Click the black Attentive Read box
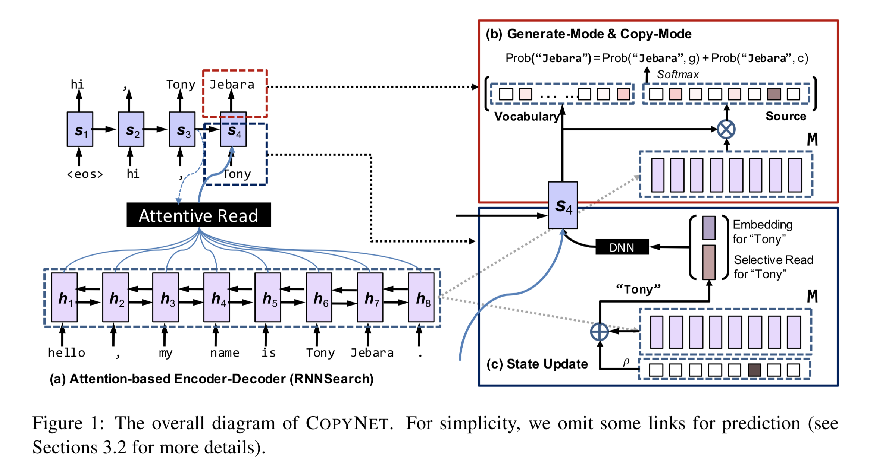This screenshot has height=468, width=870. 198,215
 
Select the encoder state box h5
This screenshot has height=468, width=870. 267,297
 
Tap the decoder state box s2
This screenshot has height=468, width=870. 131,129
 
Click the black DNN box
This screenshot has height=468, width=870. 622,247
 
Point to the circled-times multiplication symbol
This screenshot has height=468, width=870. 726,129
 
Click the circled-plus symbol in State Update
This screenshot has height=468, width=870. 600,331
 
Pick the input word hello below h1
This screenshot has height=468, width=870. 66,352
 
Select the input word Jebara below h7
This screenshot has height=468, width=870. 372,352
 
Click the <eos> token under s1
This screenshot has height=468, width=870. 85,174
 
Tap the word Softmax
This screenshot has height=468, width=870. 677,75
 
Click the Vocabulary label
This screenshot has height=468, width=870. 526,117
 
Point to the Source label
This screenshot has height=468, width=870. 786,116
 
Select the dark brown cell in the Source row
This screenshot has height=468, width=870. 774,94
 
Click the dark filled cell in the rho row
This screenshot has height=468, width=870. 754,370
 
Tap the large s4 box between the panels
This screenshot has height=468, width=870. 563,205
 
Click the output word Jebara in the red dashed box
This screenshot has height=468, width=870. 232,85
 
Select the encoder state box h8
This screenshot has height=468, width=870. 421,297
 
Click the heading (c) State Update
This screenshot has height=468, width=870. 537,364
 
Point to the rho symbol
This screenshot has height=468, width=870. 626,361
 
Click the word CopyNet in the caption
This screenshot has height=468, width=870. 347,423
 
